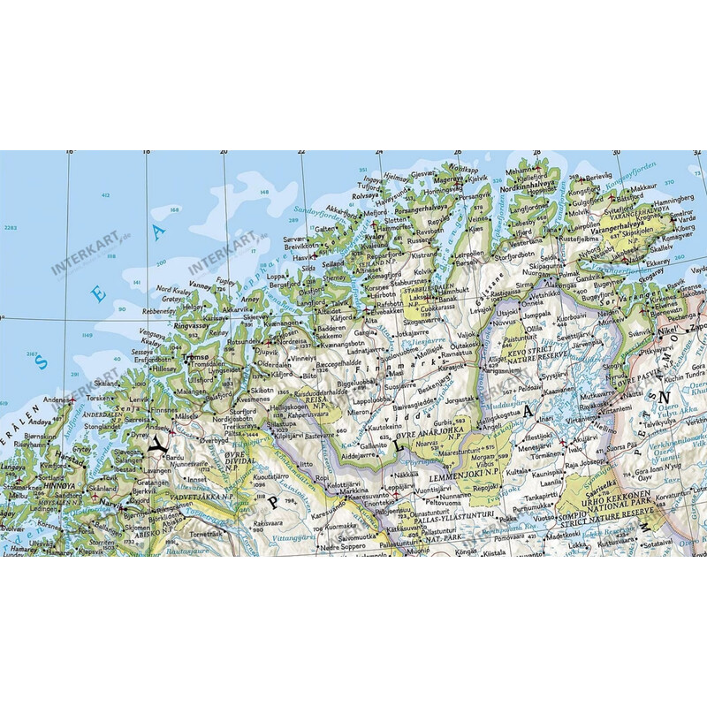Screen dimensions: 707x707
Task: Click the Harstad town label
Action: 67,459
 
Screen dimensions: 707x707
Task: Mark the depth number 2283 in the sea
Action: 11,228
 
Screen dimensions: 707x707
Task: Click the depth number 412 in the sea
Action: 105,195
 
